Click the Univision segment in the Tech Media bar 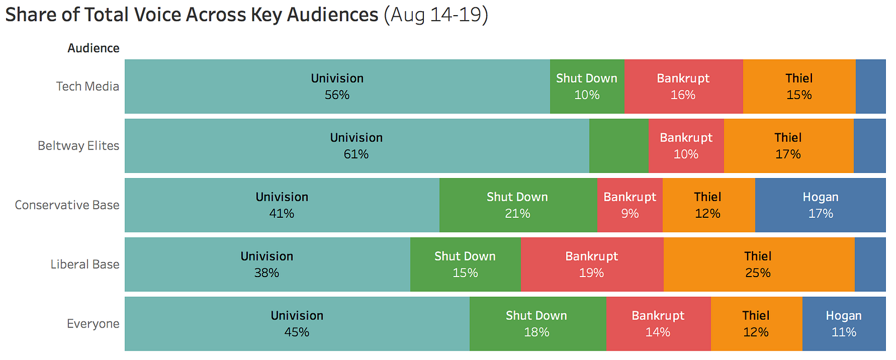(337, 86)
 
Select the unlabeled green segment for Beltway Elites (618, 146)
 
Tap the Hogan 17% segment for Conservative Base (820, 205)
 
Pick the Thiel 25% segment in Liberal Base (758, 264)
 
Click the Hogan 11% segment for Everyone (843, 324)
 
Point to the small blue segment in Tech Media (870, 86)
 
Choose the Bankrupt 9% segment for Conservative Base (629, 205)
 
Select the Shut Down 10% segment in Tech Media (587, 86)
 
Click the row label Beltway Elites (78, 146)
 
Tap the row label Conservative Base (67, 205)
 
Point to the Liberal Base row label (85, 265)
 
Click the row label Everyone (93, 324)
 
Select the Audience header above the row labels (94, 48)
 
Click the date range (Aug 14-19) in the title (436, 15)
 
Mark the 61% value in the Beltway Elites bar (356, 155)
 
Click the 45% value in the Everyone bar (297, 333)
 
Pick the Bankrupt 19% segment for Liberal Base (591, 264)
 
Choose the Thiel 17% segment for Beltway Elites (788, 146)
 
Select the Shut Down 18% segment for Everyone (536, 324)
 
